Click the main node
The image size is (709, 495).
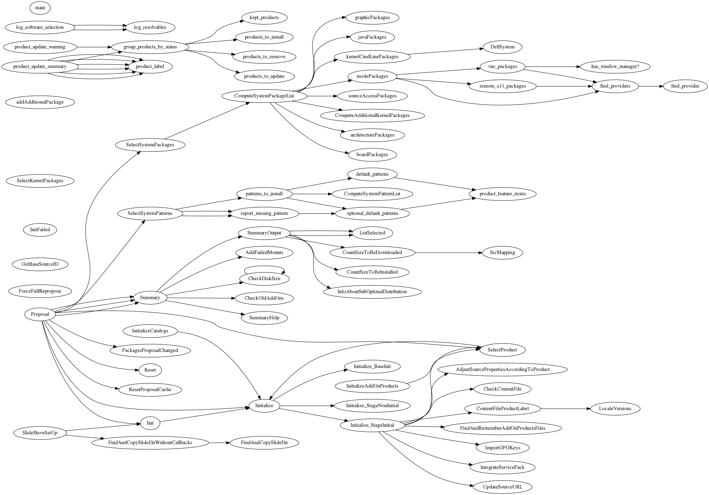tap(40, 8)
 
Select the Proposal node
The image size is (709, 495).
tap(40, 314)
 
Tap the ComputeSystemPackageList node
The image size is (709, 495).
tap(264, 96)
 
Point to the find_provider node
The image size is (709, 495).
tap(685, 86)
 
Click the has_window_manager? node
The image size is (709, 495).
tap(615, 66)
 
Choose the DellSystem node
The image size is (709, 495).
tap(502, 47)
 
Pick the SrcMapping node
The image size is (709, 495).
tap(502, 253)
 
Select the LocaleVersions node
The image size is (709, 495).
tap(615, 409)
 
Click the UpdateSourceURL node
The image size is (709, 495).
tap(502, 487)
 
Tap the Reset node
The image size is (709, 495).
tap(150, 370)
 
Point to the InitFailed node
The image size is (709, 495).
tap(40, 230)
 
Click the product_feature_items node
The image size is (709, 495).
tap(502, 194)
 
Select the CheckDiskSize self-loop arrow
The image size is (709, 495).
tap(264, 267)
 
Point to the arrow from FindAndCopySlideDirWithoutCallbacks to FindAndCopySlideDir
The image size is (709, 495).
tap(219, 443)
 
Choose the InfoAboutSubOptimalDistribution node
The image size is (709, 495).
tap(372, 292)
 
